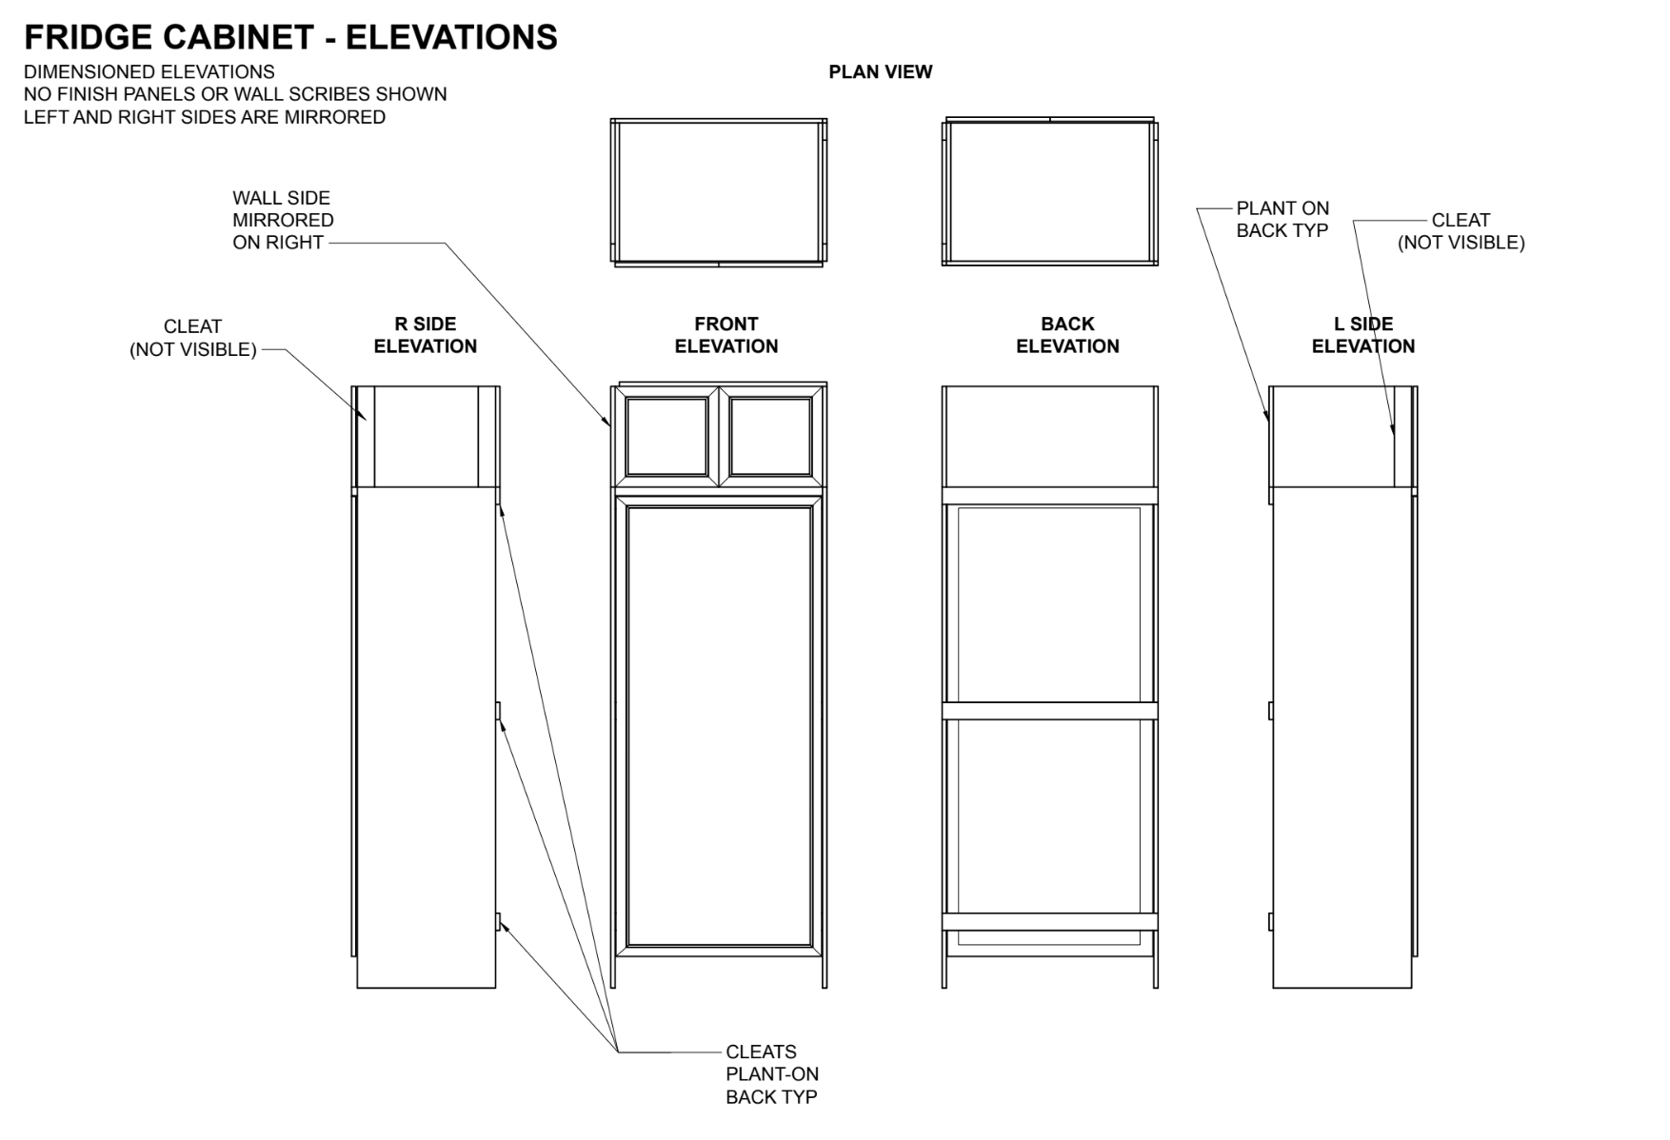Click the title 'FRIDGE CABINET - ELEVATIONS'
point(290,37)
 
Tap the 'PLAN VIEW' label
point(881,72)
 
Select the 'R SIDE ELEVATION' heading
point(426,335)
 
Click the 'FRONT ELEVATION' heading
point(726,335)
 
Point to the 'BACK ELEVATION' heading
point(1067,335)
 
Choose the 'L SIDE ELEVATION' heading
point(1363,335)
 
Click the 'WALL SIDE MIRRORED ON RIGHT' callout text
point(283,220)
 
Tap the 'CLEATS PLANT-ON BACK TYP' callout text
point(772,1074)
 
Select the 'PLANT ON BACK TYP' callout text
point(1282,219)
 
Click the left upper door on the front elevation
point(666,437)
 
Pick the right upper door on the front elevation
point(770,437)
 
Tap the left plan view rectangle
point(719,192)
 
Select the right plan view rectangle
point(1050,191)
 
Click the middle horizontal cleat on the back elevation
point(1050,711)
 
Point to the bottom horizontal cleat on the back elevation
point(1050,921)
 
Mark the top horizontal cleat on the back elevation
point(1050,496)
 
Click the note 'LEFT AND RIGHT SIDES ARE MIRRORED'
point(205,117)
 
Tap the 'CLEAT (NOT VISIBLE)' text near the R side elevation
point(193,338)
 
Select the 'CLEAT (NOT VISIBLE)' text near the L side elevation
point(1461,231)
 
